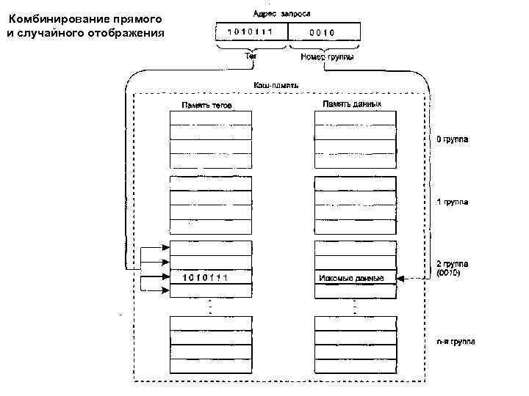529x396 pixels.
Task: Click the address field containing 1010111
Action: coord(251,32)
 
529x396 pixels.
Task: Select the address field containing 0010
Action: coord(323,32)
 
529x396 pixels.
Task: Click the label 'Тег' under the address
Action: coord(251,57)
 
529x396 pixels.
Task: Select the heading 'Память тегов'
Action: coord(207,105)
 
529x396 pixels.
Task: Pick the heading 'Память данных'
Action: coord(351,104)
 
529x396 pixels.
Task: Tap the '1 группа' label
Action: coord(453,201)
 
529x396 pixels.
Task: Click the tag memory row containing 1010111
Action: coord(210,277)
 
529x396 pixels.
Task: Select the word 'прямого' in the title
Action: coord(137,18)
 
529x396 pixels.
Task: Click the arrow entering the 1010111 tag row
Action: coord(154,277)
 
